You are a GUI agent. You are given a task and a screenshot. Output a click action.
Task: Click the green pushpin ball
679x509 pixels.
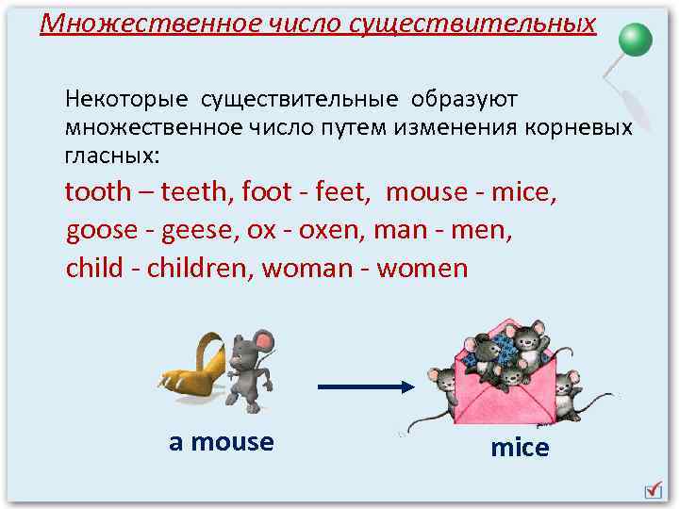pos(636,40)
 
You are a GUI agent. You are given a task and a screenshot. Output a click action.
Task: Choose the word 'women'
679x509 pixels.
pos(422,269)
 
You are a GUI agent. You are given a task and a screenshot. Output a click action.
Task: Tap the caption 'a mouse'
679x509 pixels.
pos(221,442)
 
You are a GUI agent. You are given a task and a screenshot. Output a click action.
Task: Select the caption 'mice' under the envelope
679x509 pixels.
pos(519,448)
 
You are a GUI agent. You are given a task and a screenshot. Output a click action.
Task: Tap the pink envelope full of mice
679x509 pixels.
pos(504,377)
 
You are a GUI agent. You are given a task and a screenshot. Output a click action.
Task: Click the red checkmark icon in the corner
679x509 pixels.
pos(653,488)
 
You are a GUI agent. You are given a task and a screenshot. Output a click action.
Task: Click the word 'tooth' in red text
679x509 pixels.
pos(97,192)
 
